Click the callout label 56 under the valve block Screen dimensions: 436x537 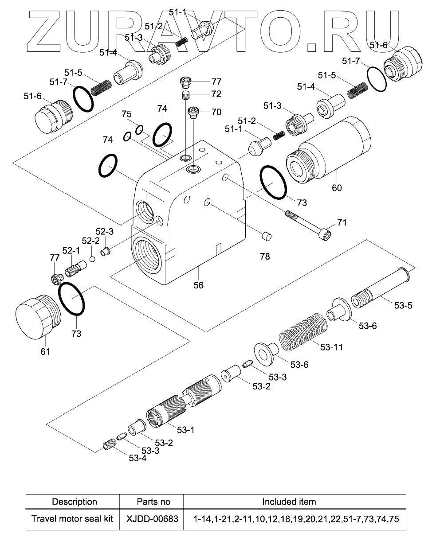click(198, 285)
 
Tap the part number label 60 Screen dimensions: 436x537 click(337, 188)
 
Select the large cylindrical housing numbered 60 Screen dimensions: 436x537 click(328, 150)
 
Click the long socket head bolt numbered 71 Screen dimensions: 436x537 click(308, 225)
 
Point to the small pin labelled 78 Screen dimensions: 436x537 click(266, 236)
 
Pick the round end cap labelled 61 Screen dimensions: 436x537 click(38, 316)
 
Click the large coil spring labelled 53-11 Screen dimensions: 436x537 click(303, 332)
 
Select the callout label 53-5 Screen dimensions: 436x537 click(403, 305)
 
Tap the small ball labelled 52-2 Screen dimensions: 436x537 click(93, 259)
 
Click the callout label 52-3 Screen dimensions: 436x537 click(105, 231)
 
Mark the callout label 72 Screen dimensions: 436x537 click(216, 94)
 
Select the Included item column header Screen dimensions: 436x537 click(289, 502)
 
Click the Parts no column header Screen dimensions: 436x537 click(153, 502)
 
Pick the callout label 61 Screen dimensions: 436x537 click(45, 351)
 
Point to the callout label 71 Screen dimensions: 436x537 click(342, 222)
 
